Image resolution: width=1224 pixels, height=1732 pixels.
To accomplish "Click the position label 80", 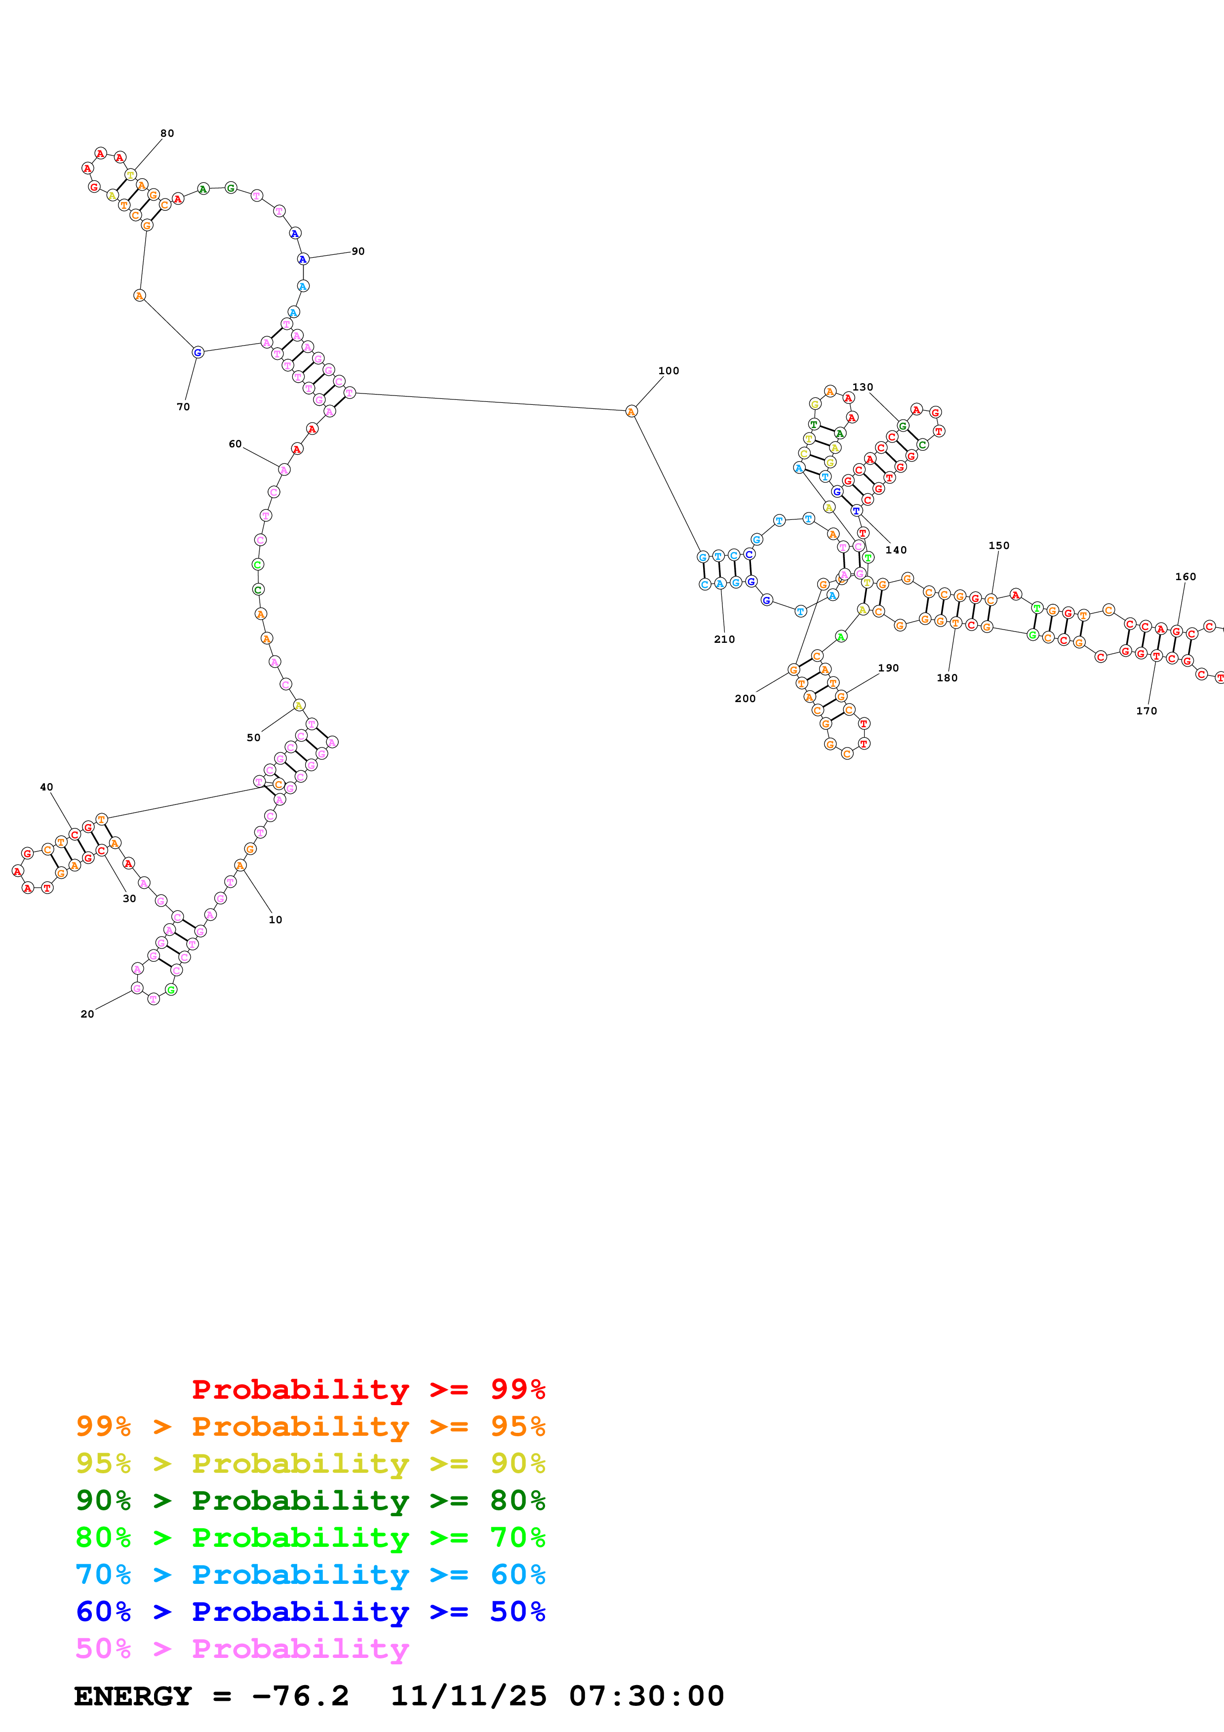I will tap(167, 133).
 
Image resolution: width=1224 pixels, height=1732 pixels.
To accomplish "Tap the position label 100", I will tap(668, 371).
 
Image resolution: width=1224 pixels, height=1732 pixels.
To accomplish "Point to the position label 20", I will tap(87, 1014).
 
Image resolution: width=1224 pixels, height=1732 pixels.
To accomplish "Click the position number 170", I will tap(1146, 710).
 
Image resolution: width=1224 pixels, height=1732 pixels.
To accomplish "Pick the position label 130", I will tap(862, 388).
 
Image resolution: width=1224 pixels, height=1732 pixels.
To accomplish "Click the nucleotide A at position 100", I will tap(631, 411).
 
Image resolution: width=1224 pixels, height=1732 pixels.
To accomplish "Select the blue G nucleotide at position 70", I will tap(197, 353).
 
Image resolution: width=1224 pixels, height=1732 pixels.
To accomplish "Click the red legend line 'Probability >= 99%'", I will tap(368, 1389).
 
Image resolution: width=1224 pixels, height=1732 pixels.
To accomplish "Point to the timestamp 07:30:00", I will tap(646, 1696).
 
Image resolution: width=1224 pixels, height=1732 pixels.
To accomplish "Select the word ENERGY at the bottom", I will tap(133, 1696).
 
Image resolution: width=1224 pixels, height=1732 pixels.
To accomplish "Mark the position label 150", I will tap(998, 546).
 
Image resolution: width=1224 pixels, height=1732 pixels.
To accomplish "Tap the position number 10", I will tap(276, 919).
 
